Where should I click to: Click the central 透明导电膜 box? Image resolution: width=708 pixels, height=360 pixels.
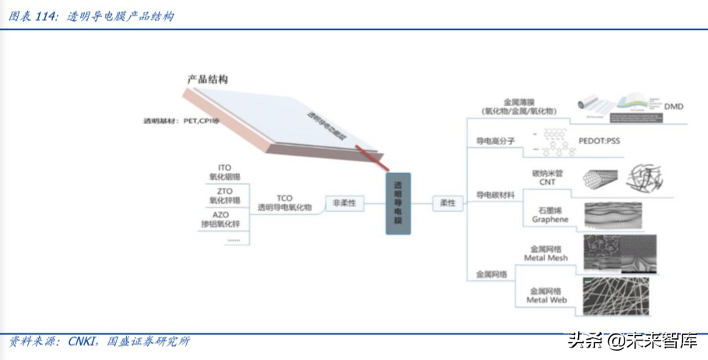tap(397, 203)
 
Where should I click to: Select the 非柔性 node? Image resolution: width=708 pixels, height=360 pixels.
tap(343, 203)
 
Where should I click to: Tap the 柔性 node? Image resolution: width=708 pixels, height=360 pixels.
tap(448, 203)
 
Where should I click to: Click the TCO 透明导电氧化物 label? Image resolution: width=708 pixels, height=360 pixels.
tap(284, 203)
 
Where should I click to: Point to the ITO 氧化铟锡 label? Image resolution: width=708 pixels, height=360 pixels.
tap(225, 172)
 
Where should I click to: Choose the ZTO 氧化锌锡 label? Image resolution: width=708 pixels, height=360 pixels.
tap(225, 196)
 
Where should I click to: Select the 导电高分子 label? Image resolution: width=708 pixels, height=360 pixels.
tap(492, 142)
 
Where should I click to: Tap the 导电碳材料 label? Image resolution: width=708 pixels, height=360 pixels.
tap(495, 195)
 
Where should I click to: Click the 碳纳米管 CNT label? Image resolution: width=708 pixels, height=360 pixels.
tap(547, 177)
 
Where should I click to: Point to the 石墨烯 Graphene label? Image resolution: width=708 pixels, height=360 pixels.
tap(550, 215)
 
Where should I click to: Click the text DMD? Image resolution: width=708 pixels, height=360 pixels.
tap(673, 106)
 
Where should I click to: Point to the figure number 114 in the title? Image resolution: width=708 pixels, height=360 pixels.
tap(46, 16)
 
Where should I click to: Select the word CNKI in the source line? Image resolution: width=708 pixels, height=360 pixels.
tap(83, 341)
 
